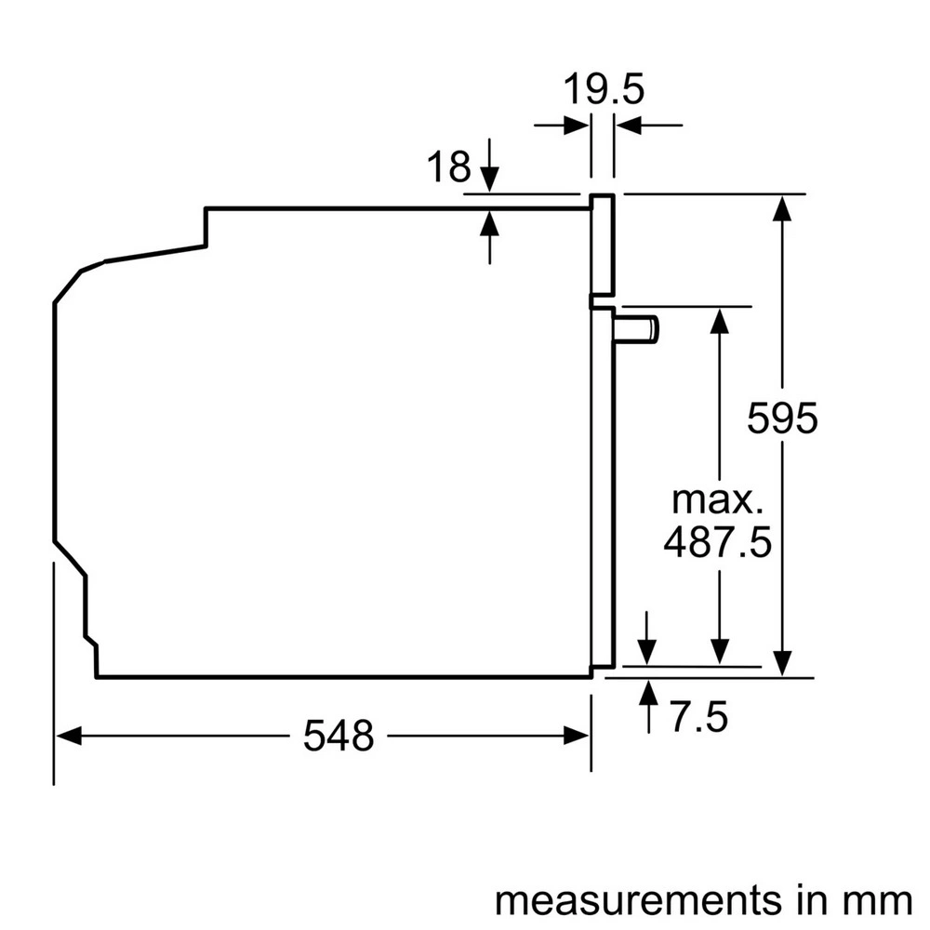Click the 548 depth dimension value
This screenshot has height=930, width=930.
(x=339, y=737)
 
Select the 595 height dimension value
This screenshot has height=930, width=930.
(x=782, y=418)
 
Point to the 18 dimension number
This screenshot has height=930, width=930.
(x=448, y=167)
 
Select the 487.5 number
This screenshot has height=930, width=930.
(x=717, y=542)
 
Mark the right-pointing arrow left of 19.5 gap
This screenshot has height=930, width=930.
(x=577, y=125)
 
